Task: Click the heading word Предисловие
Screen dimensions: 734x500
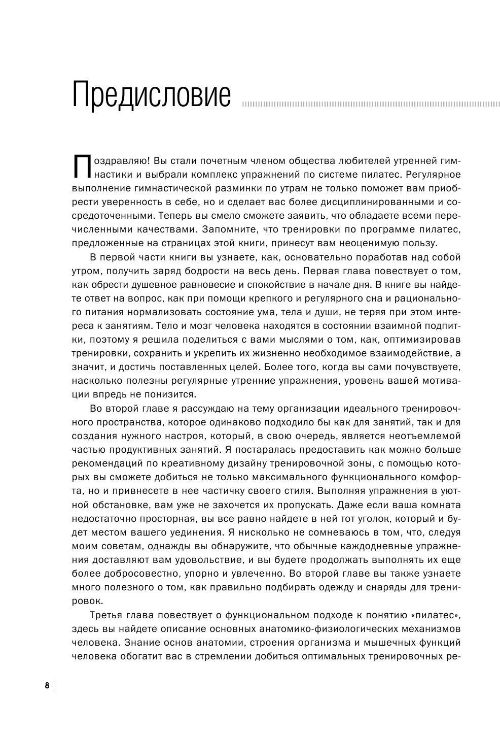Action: pyautogui.click(x=152, y=94)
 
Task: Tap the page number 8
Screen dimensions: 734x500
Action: pyautogui.click(x=47, y=686)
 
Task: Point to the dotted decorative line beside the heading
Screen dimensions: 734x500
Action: pyautogui.click(x=371, y=105)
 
